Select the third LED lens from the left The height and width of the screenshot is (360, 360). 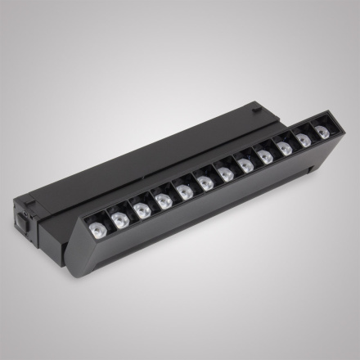point(142,210)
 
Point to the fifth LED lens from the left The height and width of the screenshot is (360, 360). point(185,192)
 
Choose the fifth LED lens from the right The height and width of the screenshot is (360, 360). point(246,166)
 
